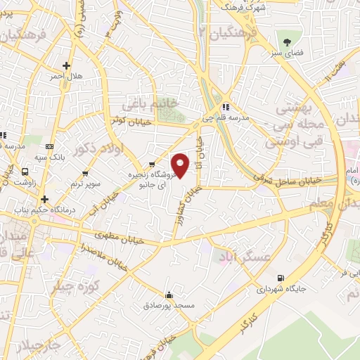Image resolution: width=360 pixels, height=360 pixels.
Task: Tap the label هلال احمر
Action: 67,75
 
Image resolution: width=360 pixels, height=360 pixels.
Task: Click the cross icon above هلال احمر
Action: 66,65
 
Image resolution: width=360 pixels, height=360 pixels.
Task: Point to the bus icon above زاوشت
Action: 26,171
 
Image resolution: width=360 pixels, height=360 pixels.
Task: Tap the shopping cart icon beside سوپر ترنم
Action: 86,172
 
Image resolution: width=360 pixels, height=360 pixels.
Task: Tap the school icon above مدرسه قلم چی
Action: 225,107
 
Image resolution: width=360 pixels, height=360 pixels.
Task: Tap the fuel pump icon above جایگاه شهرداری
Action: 281,278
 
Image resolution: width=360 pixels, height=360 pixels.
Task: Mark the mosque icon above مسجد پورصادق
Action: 168,295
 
